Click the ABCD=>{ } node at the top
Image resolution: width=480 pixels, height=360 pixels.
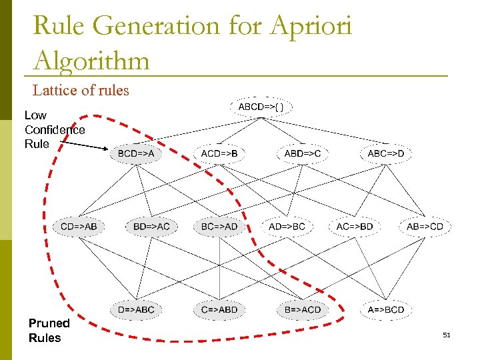click(x=261, y=107)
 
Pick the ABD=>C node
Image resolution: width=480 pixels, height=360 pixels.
click(x=303, y=154)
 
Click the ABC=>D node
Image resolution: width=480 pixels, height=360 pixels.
click(x=386, y=154)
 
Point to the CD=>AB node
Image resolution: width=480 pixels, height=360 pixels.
click(x=79, y=227)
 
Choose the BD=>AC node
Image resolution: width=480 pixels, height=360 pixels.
click(x=151, y=227)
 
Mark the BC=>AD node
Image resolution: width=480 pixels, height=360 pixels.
click(x=219, y=227)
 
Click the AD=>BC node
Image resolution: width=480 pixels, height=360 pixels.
click(x=287, y=227)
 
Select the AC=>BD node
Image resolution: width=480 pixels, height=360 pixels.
click(x=355, y=227)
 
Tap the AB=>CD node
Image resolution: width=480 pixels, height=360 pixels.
click(x=425, y=227)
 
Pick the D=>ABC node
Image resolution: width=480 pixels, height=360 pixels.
click(x=136, y=309)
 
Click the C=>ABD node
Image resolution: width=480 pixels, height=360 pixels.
click(x=219, y=309)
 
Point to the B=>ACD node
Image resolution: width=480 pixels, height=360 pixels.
click(x=303, y=309)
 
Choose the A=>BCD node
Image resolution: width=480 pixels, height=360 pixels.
click(x=386, y=309)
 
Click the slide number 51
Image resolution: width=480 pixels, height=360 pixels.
click(x=447, y=335)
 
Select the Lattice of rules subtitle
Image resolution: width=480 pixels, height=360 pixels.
click(x=81, y=90)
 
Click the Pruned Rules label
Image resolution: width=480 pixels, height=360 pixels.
click(x=49, y=330)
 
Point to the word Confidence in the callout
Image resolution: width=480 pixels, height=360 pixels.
click(x=55, y=129)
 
